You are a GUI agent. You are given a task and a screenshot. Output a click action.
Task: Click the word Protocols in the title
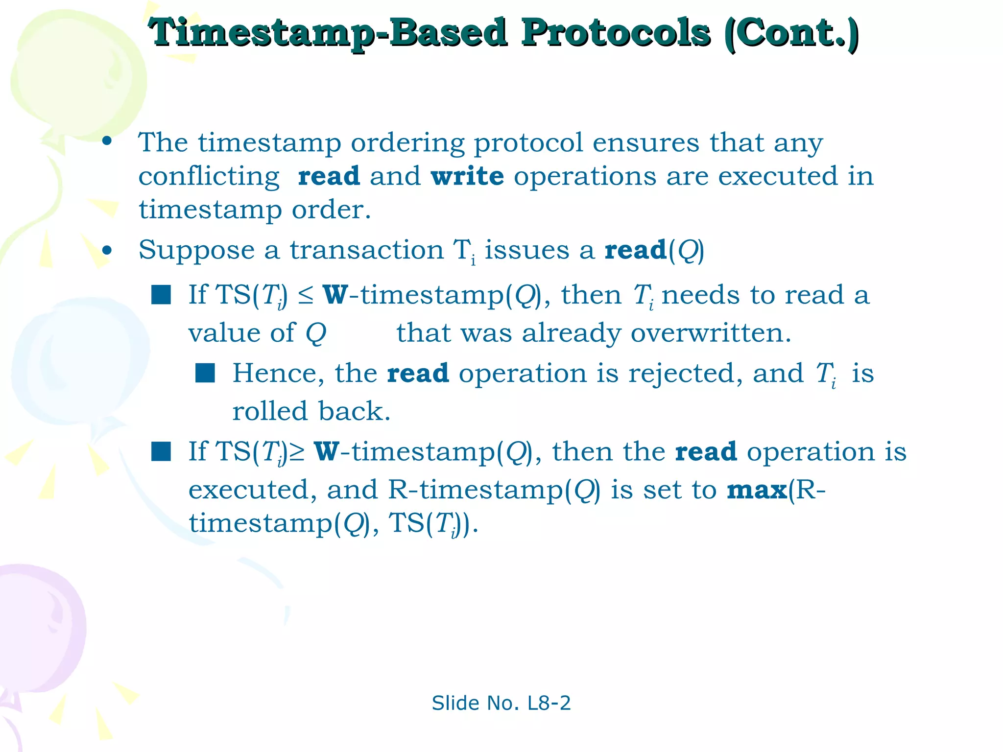615,33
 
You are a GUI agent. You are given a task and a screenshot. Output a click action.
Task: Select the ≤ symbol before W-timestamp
306,295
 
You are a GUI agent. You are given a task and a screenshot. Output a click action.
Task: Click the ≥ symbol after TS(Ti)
297,451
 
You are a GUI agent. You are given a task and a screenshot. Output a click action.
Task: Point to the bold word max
757,490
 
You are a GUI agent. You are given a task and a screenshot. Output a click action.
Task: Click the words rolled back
311,411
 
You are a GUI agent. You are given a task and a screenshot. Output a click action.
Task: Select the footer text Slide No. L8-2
501,703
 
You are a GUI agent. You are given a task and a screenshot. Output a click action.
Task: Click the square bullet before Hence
205,373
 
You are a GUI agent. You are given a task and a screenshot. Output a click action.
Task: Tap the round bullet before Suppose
107,251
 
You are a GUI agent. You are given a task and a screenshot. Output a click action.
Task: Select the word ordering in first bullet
407,143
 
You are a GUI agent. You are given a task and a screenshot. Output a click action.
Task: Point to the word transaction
366,251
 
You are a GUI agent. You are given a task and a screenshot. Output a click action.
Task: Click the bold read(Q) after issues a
654,251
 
